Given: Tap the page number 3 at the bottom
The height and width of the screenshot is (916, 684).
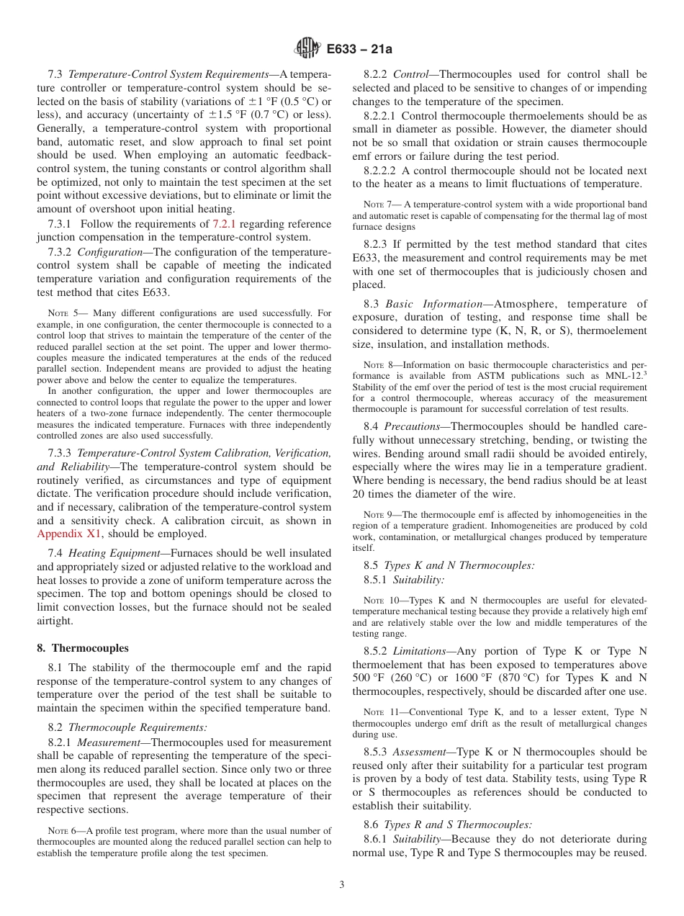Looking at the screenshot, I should pos(342,885).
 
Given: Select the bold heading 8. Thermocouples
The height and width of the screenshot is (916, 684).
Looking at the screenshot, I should pos(83,648).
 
